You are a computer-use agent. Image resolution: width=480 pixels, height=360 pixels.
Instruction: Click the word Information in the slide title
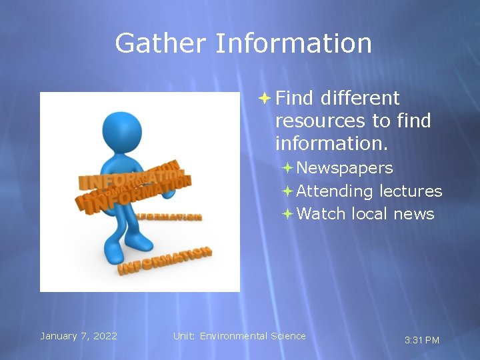click(293, 43)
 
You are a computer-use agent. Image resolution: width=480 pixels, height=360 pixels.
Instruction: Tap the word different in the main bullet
click(359, 98)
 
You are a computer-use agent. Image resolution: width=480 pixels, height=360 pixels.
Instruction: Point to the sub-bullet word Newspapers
click(345, 168)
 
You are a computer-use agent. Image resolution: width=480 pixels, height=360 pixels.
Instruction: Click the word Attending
click(335, 191)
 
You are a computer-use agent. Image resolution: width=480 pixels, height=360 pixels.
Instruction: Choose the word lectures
click(411, 191)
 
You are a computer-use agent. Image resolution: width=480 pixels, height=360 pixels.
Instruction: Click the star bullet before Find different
click(264, 98)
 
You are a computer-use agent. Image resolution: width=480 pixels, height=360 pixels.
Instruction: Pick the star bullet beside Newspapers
click(287, 168)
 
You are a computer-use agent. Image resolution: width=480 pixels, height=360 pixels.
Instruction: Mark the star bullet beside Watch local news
click(287, 214)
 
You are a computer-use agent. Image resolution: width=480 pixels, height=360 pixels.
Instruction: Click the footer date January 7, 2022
click(79, 336)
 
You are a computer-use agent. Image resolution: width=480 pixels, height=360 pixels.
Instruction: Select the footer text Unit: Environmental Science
click(239, 336)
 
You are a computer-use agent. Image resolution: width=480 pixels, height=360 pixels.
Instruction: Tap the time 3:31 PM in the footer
click(422, 340)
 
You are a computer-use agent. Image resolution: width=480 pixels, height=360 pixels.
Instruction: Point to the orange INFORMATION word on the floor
click(165, 260)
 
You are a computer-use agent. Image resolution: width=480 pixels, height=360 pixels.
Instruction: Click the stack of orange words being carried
click(133, 186)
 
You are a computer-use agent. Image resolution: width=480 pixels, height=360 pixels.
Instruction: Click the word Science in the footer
click(288, 336)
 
